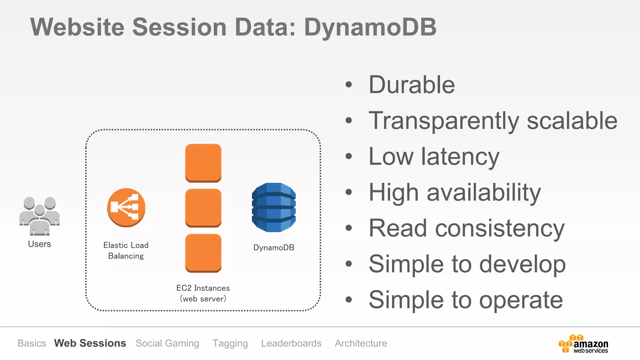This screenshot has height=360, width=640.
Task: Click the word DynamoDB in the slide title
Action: (x=370, y=27)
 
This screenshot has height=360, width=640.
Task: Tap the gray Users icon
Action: (x=39, y=216)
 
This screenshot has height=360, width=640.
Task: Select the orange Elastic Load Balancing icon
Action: (x=126, y=207)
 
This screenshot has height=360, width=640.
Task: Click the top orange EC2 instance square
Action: (x=203, y=162)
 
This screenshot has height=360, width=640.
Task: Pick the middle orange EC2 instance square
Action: (x=203, y=207)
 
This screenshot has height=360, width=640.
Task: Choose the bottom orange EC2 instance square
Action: (x=203, y=252)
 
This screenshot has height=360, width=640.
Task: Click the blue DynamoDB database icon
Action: (x=273, y=207)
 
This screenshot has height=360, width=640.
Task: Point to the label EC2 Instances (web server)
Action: (x=203, y=293)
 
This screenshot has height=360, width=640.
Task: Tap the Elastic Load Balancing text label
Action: (x=126, y=250)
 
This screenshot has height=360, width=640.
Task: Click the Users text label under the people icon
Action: (x=39, y=244)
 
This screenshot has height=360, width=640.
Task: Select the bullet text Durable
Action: (x=412, y=85)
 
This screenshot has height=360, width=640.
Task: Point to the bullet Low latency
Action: (x=434, y=157)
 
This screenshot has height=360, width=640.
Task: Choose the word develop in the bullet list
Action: (x=522, y=264)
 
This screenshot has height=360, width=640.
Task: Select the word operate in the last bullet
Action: (x=521, y=300)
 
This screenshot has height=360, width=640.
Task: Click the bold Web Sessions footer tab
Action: (x=90, y=343)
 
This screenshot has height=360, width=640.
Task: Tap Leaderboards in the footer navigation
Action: (x=291, y=343)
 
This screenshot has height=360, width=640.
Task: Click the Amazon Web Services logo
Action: (x=583, y=344)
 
